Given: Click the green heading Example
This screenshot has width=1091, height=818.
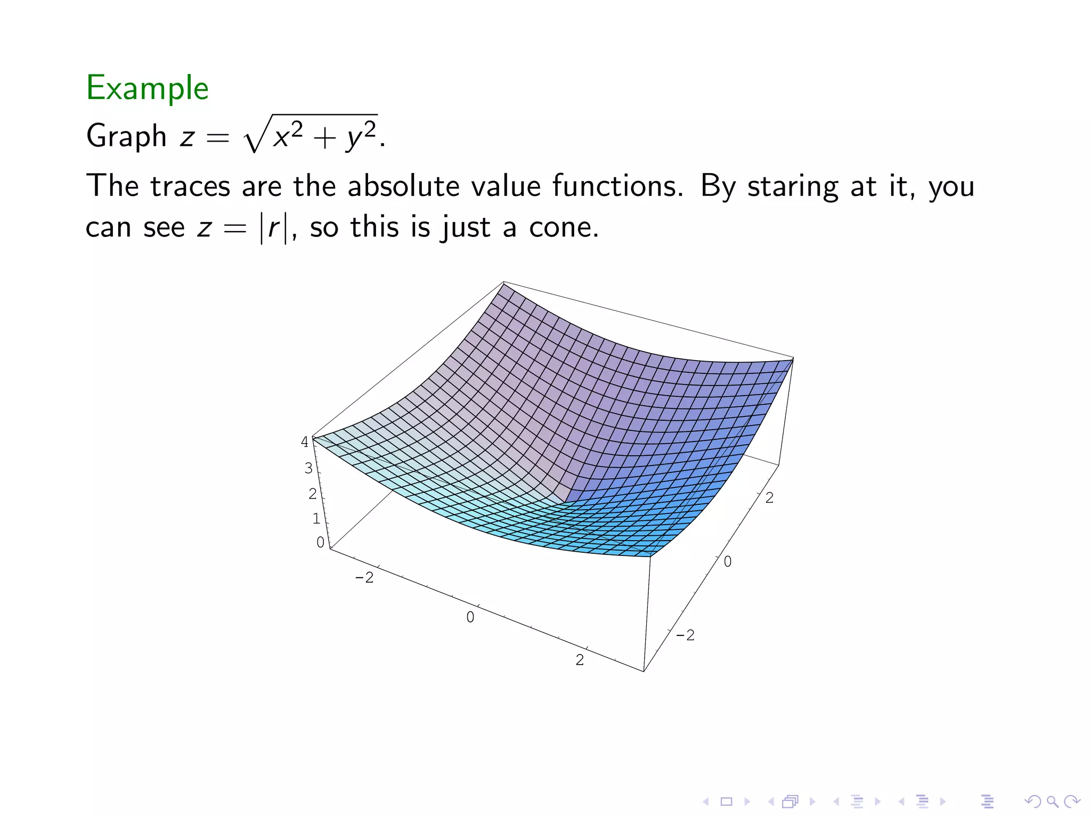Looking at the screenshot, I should tap(147, 88).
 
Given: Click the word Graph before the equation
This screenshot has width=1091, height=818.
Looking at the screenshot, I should tap(127, 136).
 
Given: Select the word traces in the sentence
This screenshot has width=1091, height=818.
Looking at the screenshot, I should tap(190, 186).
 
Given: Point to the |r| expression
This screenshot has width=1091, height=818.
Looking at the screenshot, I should tap(274, 228).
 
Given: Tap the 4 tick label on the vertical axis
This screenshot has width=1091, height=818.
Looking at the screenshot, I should tap(305, 442).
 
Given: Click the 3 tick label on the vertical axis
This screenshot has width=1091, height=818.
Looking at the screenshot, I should tap(308, 468).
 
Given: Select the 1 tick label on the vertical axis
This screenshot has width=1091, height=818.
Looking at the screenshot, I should tap(316, 518).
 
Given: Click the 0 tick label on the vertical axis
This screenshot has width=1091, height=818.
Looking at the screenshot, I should tap(320, 542).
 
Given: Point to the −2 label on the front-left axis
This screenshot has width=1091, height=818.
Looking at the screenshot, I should tap(364, 578).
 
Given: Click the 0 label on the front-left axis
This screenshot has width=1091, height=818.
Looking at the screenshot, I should tap(470, 617).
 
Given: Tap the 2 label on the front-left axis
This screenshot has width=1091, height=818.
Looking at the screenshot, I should tap(580, 660).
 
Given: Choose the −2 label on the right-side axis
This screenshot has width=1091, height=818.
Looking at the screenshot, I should tap(685, 635).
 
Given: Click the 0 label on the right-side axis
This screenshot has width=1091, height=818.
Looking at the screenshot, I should tap(728, 562).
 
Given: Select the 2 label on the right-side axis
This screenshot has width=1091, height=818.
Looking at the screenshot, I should tap(769, 498).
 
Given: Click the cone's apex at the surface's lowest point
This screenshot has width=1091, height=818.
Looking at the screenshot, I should tap(565, 502).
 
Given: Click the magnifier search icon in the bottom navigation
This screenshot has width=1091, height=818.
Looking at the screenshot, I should tap(1052, 801).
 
